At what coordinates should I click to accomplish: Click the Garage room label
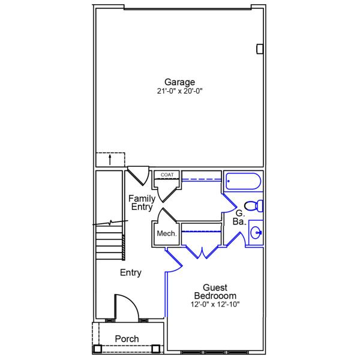pyautogui.click(x=180, y=82)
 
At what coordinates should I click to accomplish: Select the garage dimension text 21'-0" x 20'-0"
pyautogui.click(x=180, y=92)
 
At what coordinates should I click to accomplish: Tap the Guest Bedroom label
pyautogui.click(x=215, y=292)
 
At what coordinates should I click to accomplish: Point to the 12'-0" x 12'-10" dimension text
pyautogui.click(x=215, y=305)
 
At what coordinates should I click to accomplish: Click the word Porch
pyautogui.click(x=127, y=339)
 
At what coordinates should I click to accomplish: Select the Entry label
pyautogui.click(x=130, y=273)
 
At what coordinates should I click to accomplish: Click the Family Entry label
pyautogui.click(x=142, y=203)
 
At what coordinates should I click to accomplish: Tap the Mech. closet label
pyautogui.click(x=166, y=233)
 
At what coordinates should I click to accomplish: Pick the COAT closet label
pyautogui.click(x=167, y=175)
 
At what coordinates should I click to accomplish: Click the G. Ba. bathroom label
pyautogui.click(x=239, y=217)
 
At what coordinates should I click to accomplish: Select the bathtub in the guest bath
pyautogui.click(x=243, y=182)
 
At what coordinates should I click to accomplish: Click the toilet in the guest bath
pyautogui.click(x=254, y=206)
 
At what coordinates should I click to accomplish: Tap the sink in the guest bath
pyautogui.click(x=255, y=233)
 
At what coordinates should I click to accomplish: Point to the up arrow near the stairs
pyautogui.click(x=110, y=159)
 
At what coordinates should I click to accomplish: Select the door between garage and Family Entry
pyautogui.click(x=139, y=175)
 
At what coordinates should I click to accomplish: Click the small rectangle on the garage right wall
pyautogui.click(x=260, y=49)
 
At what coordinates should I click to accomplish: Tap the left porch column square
pyautogui.click(x=97, y=349)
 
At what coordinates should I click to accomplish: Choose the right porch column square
pyautogui.click(x=156, y=349)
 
